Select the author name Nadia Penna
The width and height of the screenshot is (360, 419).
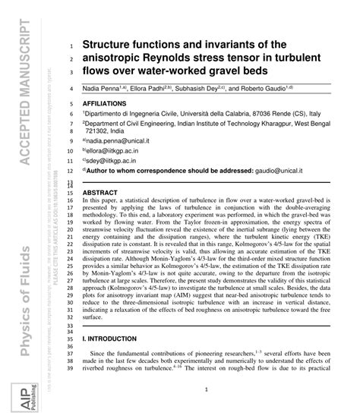tap(100, 88)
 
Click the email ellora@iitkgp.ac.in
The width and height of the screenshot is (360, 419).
tap(115, 151)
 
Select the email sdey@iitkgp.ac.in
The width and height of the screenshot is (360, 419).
tap(113, 162)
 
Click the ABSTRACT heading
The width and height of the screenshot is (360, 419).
tap(99, 193)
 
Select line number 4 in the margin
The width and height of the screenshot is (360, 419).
tap(70, 89)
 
